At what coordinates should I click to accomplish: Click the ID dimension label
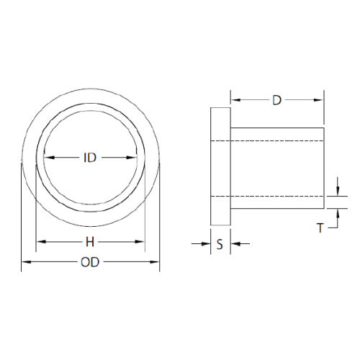click(x=91, y=158)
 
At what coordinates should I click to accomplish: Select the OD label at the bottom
click(x=90, y=262)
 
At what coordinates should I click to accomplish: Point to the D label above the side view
click(x=276, y=99)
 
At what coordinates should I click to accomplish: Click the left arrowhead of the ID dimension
click(x=48, y=158)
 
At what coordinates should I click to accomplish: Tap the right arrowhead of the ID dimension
click(x=134, y=158)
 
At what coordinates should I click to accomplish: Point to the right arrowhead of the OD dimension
click(x=156, y=262)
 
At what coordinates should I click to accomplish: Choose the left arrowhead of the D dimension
click(x=233, y=99)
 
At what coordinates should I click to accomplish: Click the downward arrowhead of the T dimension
click(x=337, y=191)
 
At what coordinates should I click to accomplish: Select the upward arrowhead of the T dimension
click(x=337, y=212)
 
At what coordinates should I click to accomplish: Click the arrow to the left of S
click(x=204, y=244)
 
